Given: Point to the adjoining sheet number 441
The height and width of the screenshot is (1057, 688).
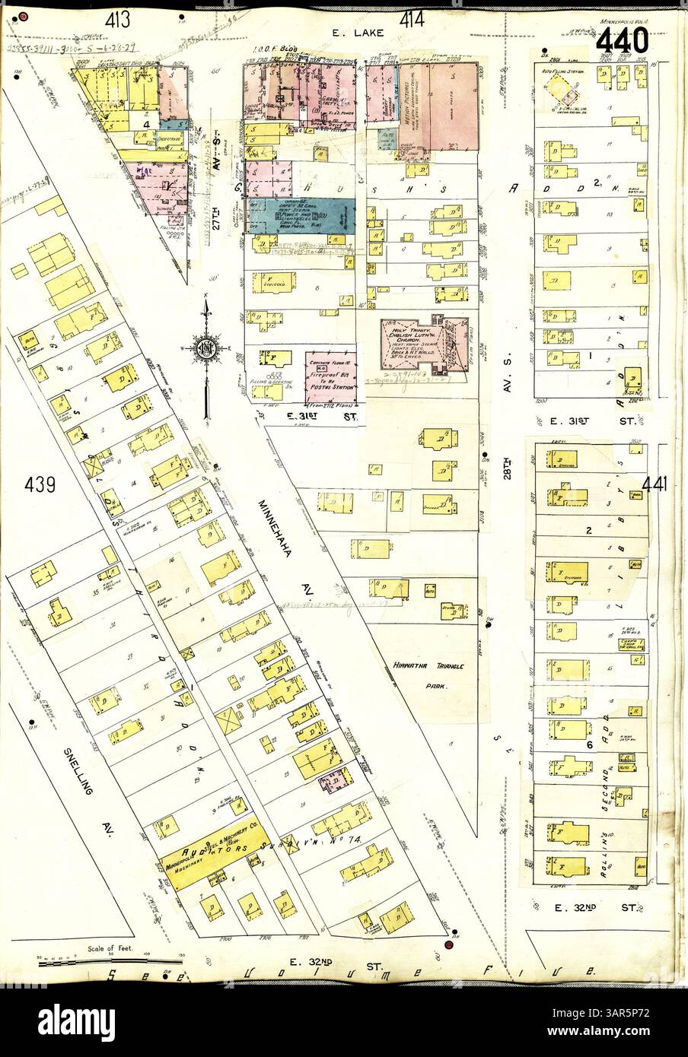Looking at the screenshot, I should point(655,484).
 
